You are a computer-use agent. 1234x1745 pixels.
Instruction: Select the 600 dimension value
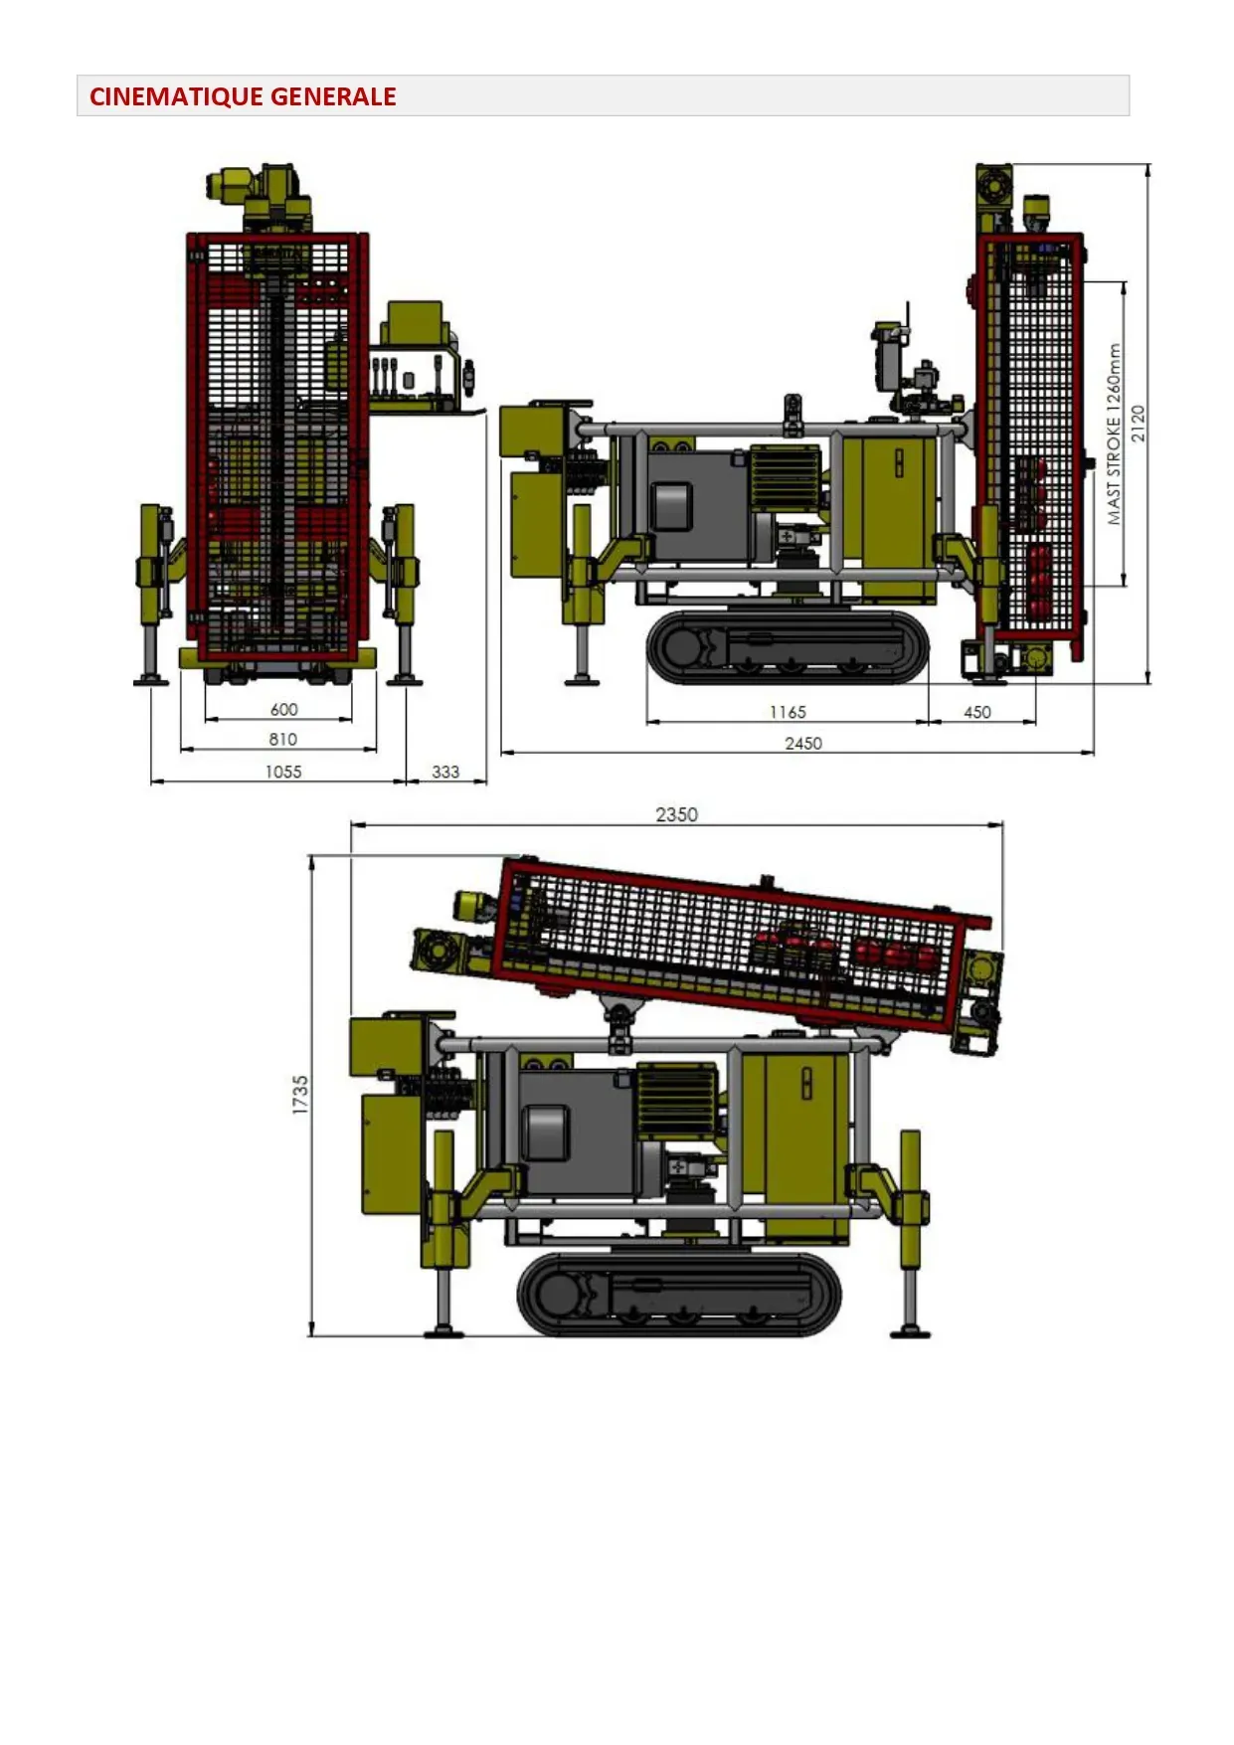(x=283, y=709)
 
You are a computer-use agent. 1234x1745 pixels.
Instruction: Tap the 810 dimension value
(x=283, y=739)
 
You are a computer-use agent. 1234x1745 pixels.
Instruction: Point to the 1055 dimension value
(x=283, y=772)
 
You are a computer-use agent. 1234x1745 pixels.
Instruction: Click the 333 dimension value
(x=445, y=772)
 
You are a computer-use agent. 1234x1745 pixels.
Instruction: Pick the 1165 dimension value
(x=788, y=712)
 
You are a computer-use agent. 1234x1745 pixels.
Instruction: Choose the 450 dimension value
(x=977, y=712)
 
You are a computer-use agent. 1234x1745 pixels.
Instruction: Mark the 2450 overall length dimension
(x=803, y=743)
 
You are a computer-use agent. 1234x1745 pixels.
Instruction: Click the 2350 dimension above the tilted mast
(x=676, y=814)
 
